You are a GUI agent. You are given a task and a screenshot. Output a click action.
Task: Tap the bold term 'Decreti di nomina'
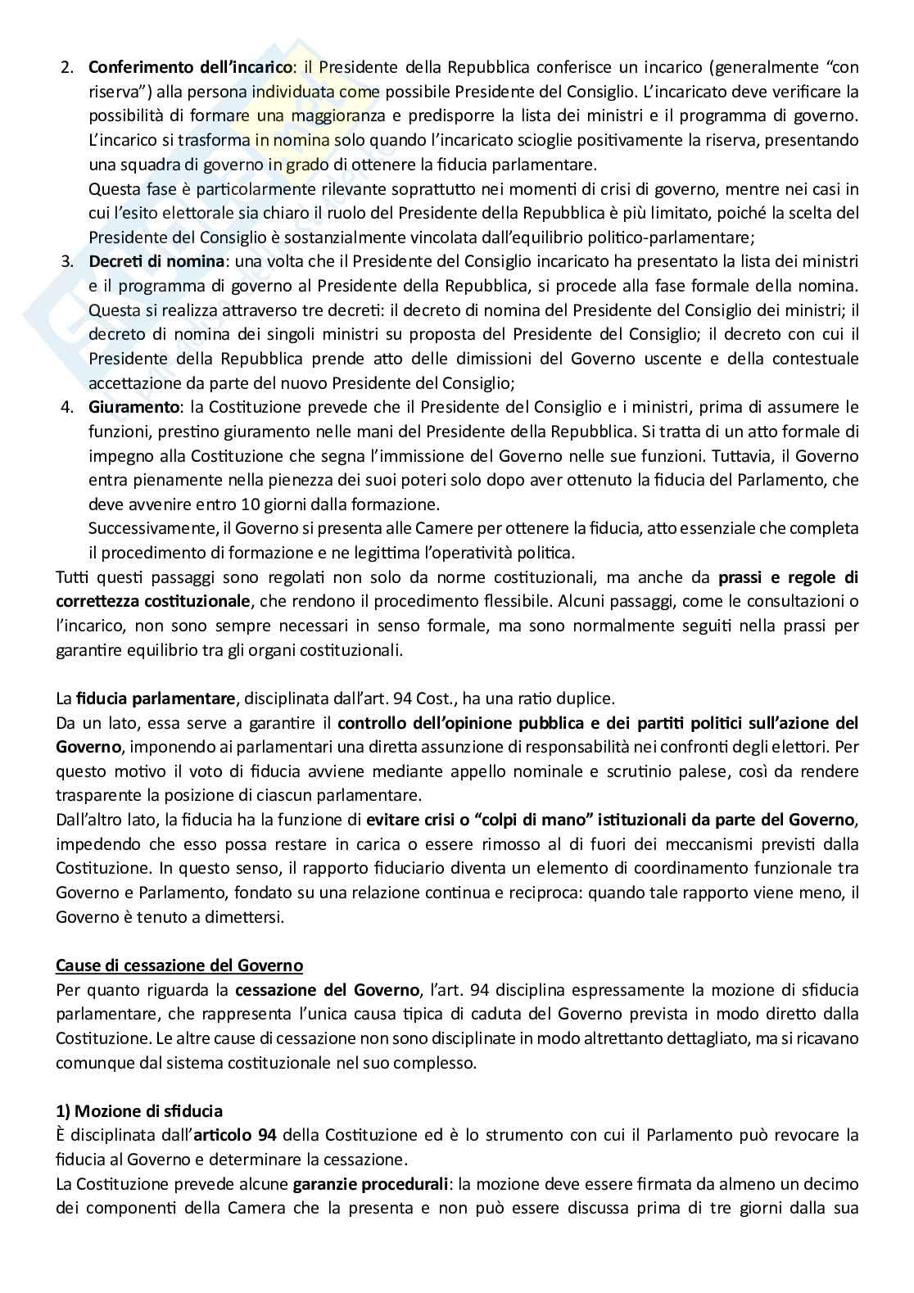coord(156,262)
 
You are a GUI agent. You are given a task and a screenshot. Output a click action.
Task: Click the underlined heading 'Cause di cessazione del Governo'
coord(179,965)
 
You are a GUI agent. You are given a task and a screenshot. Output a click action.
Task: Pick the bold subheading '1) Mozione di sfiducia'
coord(139,1111)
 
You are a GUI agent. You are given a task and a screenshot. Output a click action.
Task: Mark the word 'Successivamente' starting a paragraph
coord(141,527)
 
